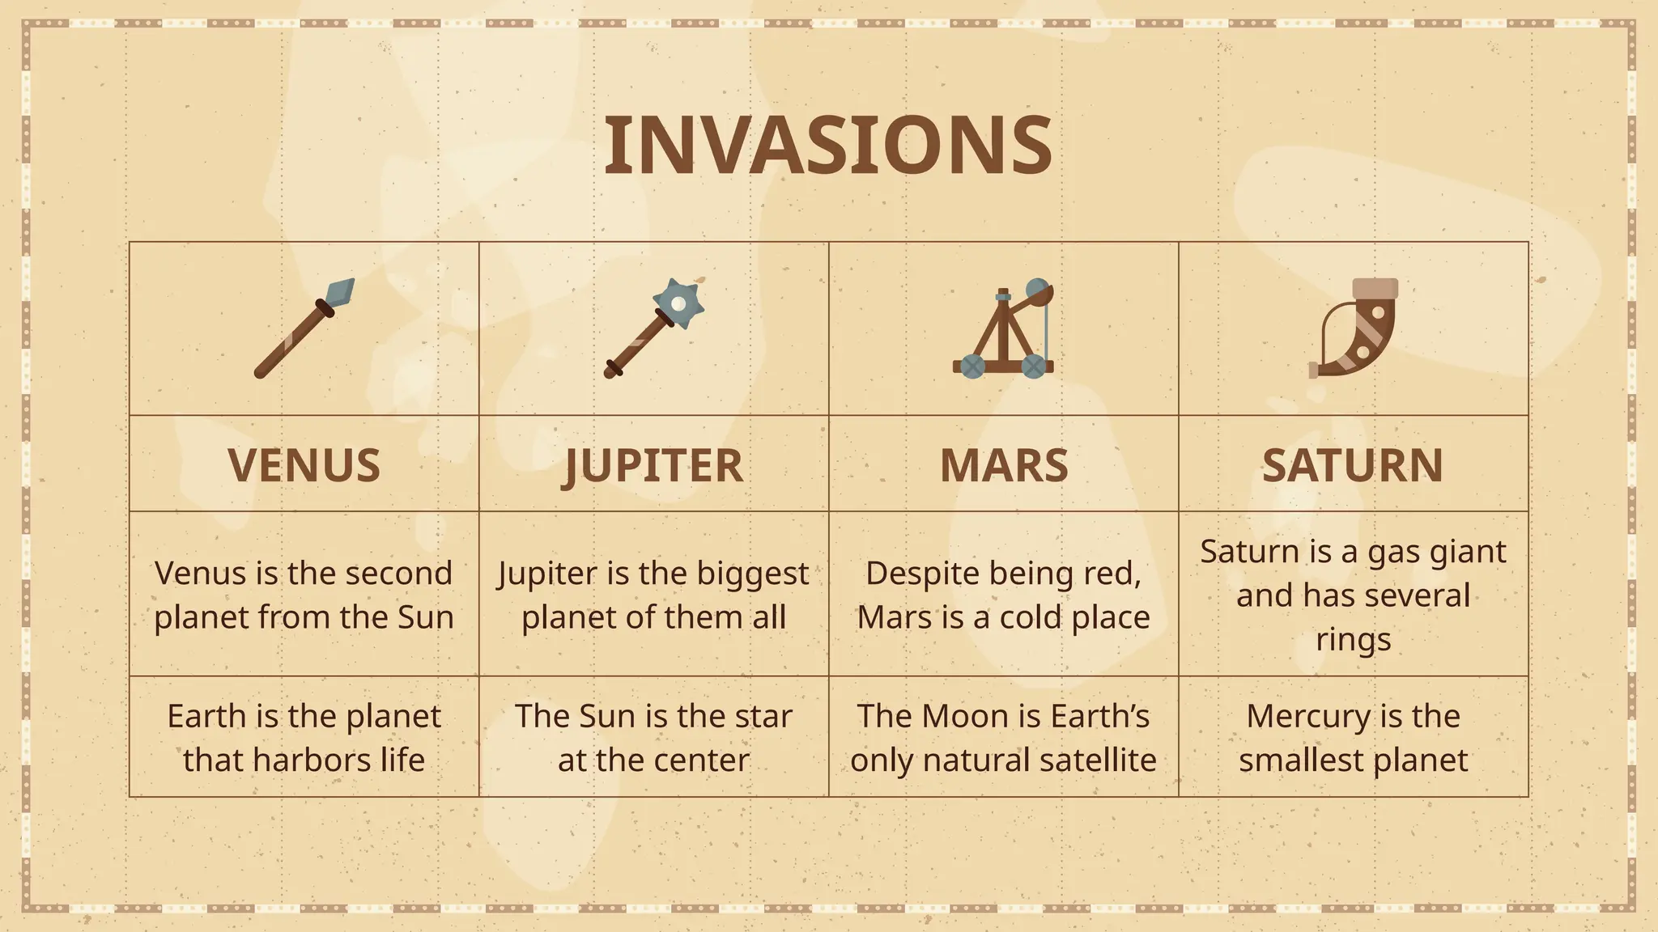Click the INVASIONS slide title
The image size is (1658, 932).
(x=828, y=145)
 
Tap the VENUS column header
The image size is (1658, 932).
(x=304, y=465)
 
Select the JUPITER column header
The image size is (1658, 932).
(x=653, y=465)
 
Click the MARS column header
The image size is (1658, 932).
(x=1004, y=465)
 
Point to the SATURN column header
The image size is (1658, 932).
(x=1353, y=465)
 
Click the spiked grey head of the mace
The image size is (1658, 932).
(x=678, y=303)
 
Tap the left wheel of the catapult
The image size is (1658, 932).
(x=972, y=366)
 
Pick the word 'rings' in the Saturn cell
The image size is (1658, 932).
(x=1353, y=639)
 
